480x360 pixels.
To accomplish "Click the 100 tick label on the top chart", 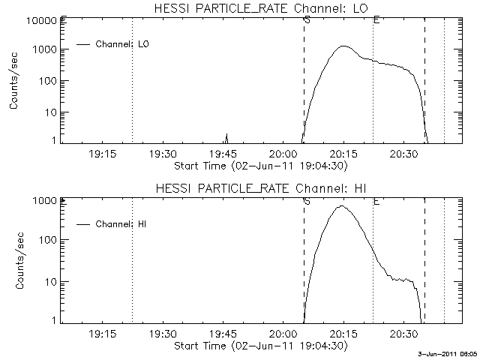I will [x=45, y=80].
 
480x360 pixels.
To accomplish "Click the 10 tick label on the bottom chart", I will [x=50, y=281].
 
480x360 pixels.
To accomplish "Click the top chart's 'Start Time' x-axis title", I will [x=259, y=165].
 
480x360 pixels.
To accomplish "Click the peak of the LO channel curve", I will [x=343, y=46].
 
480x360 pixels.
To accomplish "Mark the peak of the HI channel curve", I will [x=341, y=205].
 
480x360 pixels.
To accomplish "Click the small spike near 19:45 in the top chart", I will [x=226, y=136].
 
